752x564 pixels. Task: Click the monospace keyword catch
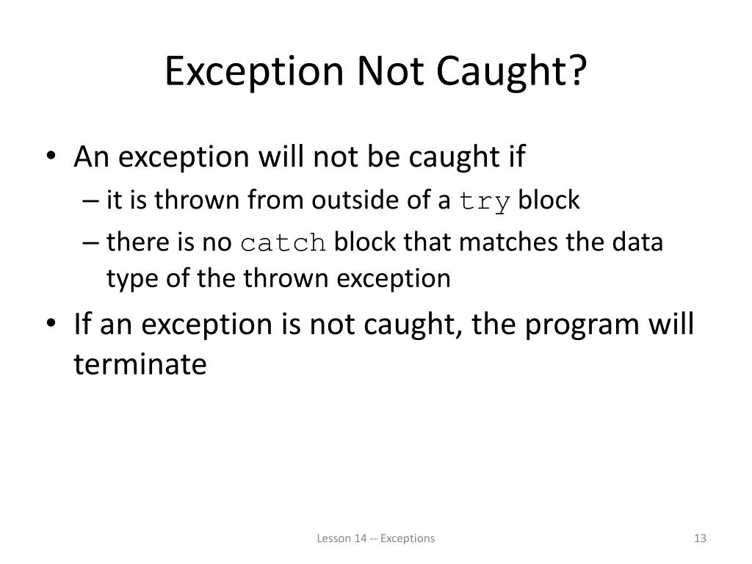point(283,242)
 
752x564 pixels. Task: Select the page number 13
point(699,538)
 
